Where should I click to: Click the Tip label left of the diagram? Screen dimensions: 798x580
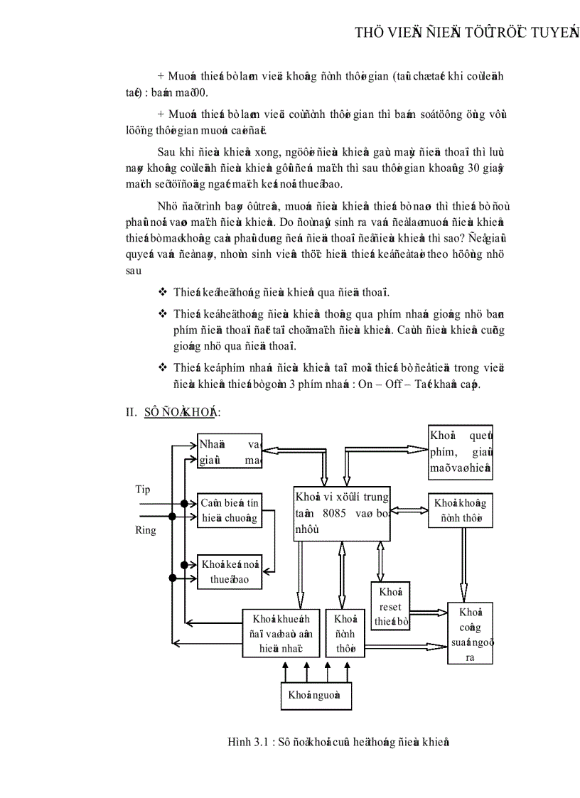[143, 490]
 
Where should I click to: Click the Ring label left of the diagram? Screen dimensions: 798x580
[146, 530]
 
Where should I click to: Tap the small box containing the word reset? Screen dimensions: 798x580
[390, 607]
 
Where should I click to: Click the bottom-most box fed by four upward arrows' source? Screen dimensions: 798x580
[316, 695]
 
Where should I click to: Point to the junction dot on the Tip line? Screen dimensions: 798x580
[184, 504]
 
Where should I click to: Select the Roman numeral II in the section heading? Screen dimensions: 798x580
[131, 412]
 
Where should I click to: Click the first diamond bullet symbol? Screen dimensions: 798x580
[162, 291]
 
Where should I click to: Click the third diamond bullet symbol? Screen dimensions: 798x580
[162, 367]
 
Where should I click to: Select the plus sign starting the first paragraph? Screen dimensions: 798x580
[161, 76]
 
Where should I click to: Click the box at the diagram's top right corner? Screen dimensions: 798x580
[461, 452]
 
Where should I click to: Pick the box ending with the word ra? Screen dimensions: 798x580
[470, 633]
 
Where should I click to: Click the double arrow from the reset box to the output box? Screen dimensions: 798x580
[429, 611]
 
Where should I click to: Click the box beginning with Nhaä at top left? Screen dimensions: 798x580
[230, 451]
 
